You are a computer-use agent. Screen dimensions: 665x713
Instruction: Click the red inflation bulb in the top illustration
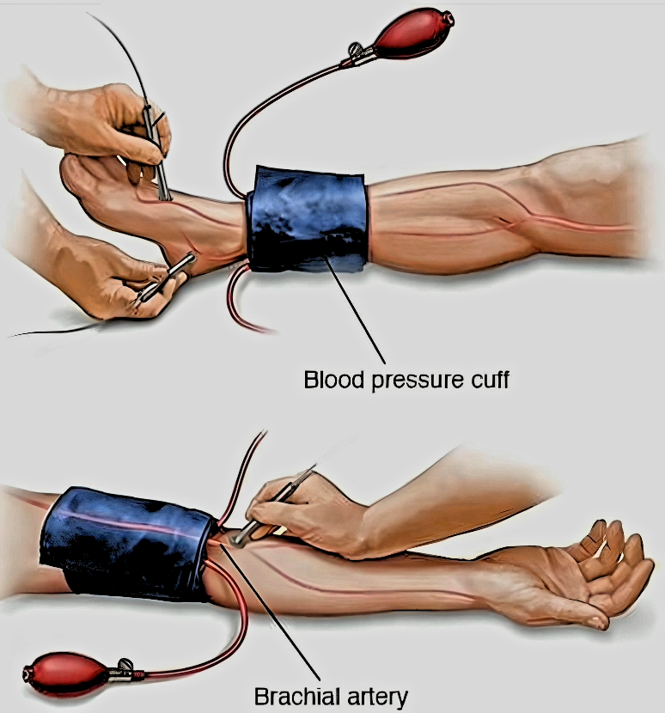414,36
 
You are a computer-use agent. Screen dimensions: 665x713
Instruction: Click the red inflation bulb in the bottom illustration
67,673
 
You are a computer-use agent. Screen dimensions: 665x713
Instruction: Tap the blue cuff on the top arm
308,220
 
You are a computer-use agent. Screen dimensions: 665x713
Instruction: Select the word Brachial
296,697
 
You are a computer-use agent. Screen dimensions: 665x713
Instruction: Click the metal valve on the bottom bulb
123,672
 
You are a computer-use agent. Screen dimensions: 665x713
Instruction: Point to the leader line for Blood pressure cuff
355,310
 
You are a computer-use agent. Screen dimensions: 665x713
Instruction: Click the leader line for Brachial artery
270,612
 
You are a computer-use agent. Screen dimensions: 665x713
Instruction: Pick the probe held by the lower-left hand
165,280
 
